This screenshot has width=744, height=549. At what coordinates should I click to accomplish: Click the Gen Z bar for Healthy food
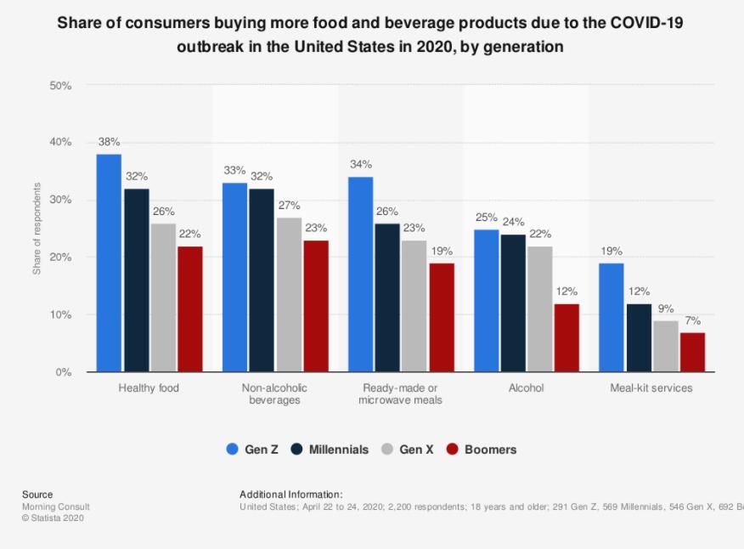[109, 263]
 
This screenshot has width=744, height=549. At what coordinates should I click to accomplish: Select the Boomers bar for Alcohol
[566, 338]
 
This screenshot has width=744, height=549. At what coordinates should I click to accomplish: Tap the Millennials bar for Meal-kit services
[638, 338]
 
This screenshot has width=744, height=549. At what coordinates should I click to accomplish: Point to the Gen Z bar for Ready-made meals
[360, 274]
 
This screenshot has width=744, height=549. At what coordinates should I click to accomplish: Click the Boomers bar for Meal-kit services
[692, 352]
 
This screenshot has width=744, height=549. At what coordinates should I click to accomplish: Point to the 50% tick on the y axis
[60, 86]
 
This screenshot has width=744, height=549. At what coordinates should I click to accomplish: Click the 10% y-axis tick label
[60, 315]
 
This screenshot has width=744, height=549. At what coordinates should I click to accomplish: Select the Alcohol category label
[526, 388]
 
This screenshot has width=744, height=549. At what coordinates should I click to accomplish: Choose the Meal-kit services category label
[651, 388]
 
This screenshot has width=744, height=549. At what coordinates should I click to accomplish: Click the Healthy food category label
[149, 388]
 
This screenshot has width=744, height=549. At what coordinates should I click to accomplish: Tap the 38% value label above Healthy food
[109, 142]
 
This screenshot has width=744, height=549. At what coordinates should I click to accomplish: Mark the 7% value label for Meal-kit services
[692, 320]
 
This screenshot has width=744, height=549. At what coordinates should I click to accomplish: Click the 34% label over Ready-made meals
[360, 165]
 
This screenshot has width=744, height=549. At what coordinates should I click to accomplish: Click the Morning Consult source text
[56, 507]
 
